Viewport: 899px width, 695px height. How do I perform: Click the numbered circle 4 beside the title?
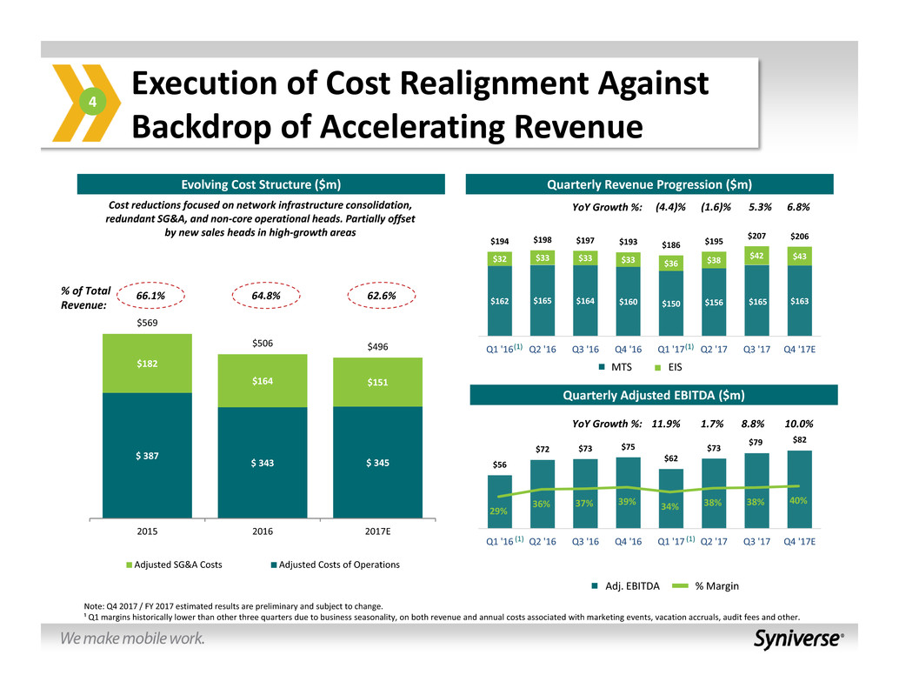tap(95, 104)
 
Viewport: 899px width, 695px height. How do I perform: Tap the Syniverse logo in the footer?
tap(798, 638)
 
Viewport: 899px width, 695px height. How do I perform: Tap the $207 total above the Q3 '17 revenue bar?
tap(756, 236)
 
